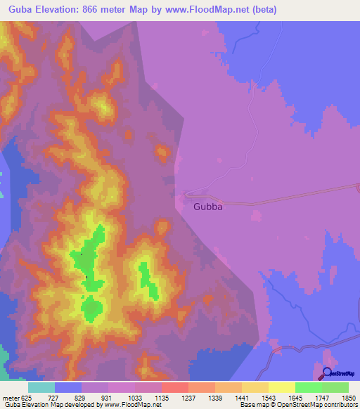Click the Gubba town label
click(208, 207)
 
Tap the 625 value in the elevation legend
click(27, 397)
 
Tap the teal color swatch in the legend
click(41, 387)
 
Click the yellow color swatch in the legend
click(281, 387)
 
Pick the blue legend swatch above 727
click(67, 387)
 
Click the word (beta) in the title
click(263, 10)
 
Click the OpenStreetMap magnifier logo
click(328, 372)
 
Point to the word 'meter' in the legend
click(11, 397)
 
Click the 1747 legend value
click(322, 397)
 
